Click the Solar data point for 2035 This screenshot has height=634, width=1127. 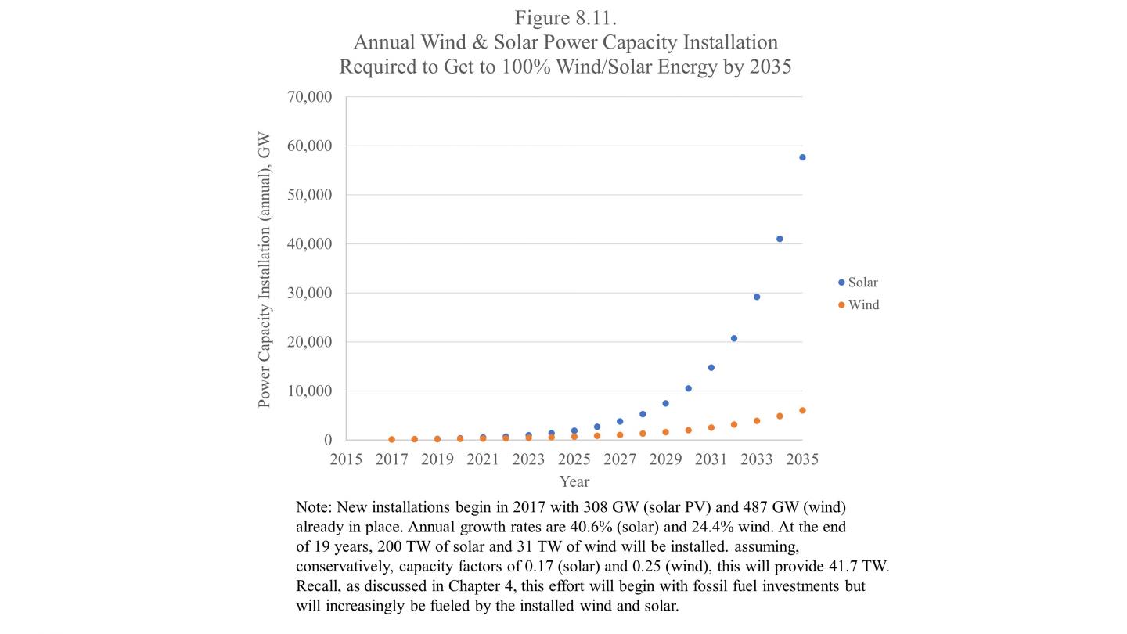tap(802, 157)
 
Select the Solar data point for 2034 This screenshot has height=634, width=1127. tap(780, 239)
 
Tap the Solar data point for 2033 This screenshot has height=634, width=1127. tap(757, 297)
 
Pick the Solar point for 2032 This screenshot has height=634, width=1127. tap(734, 338)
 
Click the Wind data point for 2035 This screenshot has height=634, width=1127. tap(802, 410)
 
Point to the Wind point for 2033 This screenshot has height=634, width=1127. tap(757, 420)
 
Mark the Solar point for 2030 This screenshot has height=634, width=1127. tap(688, 388)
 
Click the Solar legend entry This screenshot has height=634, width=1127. tap(859, 283)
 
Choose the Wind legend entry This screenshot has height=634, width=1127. tap(859, 305)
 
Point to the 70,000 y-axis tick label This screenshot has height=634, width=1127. tap(310, 97)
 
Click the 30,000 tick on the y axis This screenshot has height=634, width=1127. tap(310, 293)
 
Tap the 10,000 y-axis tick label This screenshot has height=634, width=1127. tap(310, 391)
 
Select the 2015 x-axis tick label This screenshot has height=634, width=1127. tap(346, 459)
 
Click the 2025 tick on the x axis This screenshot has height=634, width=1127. tap(574, 459)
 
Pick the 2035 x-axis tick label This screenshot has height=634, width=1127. tap(802, 459)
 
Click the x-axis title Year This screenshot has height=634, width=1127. tap(574, 481)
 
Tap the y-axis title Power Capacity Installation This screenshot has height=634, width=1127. tap(265, 270)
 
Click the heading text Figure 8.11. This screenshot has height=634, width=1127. tap(565, 18)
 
